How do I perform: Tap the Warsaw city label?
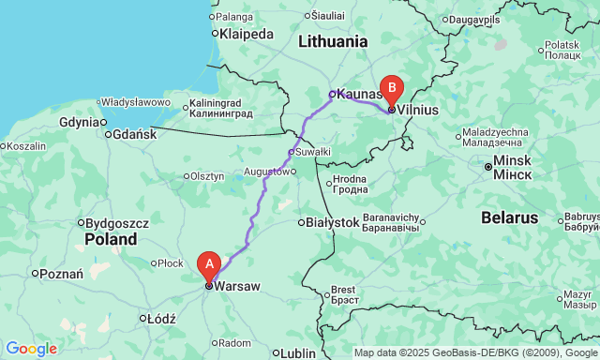pyautogui.click(x=236, y=286)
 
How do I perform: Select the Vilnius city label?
pyautogui.click(x=418, y=110)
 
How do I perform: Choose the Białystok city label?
pyautogui.click(x=333, y=222)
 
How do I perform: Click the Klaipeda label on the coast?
pyautogui.click(x=246, y=34)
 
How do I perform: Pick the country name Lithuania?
pyautogui.click(x=333, y=41)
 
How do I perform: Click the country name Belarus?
pyautogui.click(x=508, y=217)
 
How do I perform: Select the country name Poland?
pyautogui.click(x=111, y=239)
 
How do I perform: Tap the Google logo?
pyautogui.click(x=30, y=349)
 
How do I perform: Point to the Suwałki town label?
pyautogui.click(x=313, y=151)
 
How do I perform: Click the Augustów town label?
pyautogui.click(x=266, y=172)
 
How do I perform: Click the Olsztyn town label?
pyautogui.click(x=207, y=176)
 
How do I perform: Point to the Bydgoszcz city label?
pyautogui.click(x=117, y=223)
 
